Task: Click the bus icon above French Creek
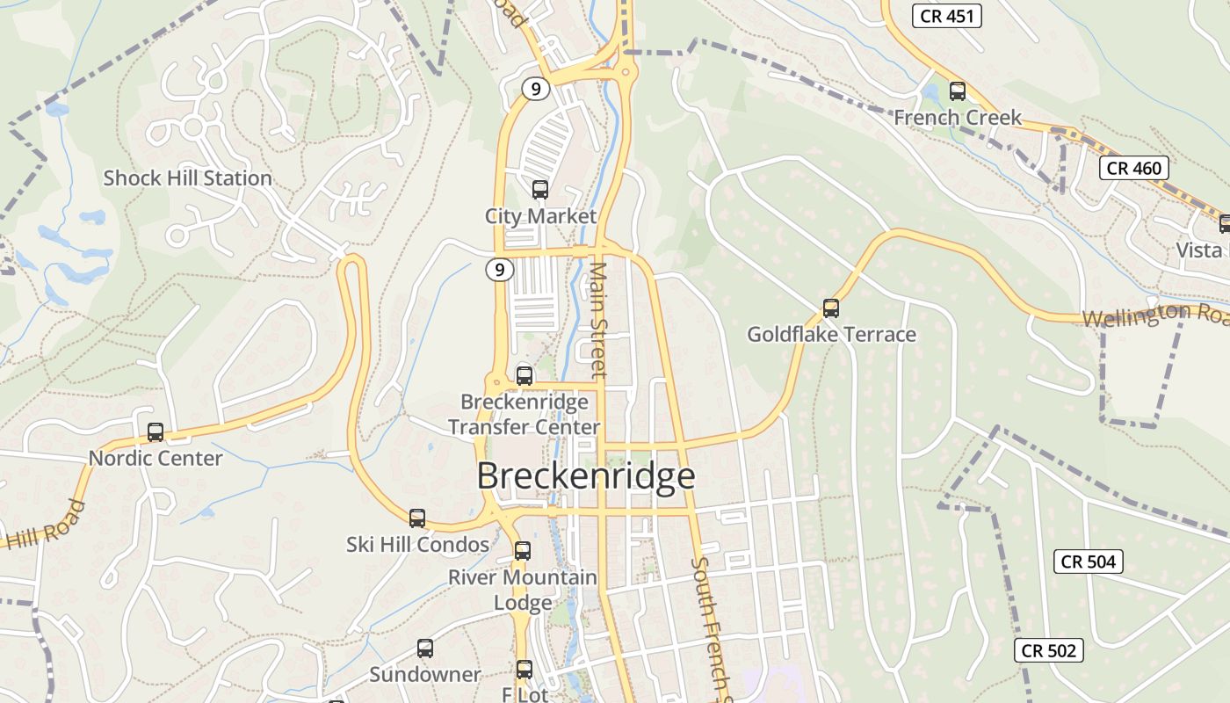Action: point(958,91)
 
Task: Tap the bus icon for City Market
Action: point(540,190)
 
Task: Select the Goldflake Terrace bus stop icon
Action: point(831,308)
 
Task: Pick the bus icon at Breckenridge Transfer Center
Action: point(525,376)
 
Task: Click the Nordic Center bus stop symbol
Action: point(156,432)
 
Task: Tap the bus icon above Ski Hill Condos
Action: point(417,518)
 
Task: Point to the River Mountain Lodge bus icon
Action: point(523,551)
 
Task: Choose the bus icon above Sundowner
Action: point(425,649)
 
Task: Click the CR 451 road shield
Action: point(946,15)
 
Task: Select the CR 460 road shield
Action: point(1134,168)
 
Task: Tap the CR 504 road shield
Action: point(1088,562)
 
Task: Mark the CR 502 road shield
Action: point(1049,651)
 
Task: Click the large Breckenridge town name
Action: point(586,475)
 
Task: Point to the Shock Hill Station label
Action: point(187,178)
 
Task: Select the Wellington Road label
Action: point(1154,315)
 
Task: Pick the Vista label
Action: point(1199,250)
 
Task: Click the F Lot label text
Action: point(525,694)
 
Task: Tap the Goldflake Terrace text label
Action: point(831,335)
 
